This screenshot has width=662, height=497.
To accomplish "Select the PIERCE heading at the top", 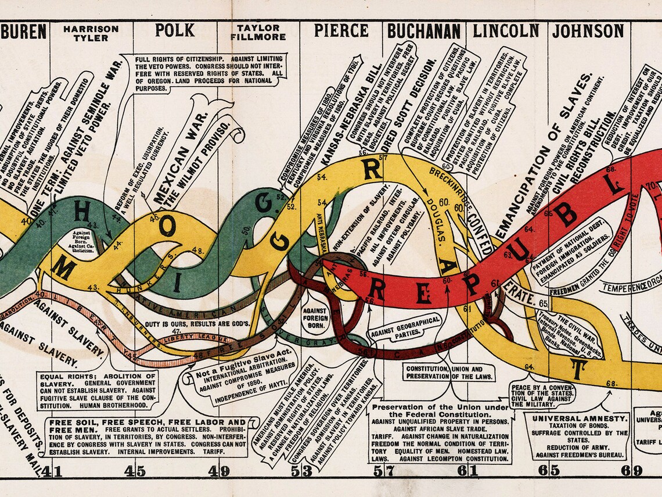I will (x=341, y=30).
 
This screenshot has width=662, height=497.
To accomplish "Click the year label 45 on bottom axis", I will (x=135, y=471).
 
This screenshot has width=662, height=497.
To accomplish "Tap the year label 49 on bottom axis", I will (x=219, y=471).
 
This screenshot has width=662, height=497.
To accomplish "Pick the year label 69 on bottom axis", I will (x=631, y=471).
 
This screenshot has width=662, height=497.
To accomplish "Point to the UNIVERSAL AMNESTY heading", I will (x=578, y=418).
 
